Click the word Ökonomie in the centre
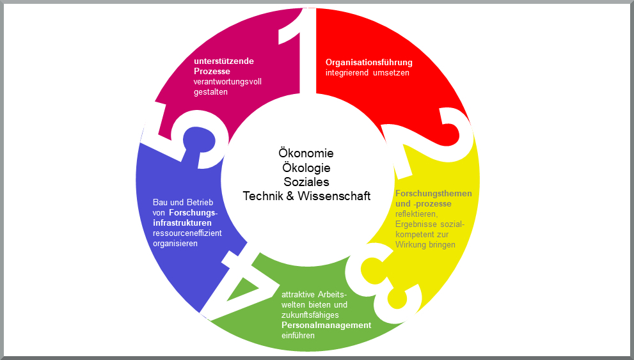coord(306,153)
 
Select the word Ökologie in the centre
coord(306,168)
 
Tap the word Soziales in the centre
coord(306,182)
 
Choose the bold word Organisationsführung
coord(369,63)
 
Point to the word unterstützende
coord(223,61)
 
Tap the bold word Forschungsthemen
coord(433,194)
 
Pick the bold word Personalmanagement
coord(326,325)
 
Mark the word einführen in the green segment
coord(297,336)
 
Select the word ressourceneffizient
coord(187,233)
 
